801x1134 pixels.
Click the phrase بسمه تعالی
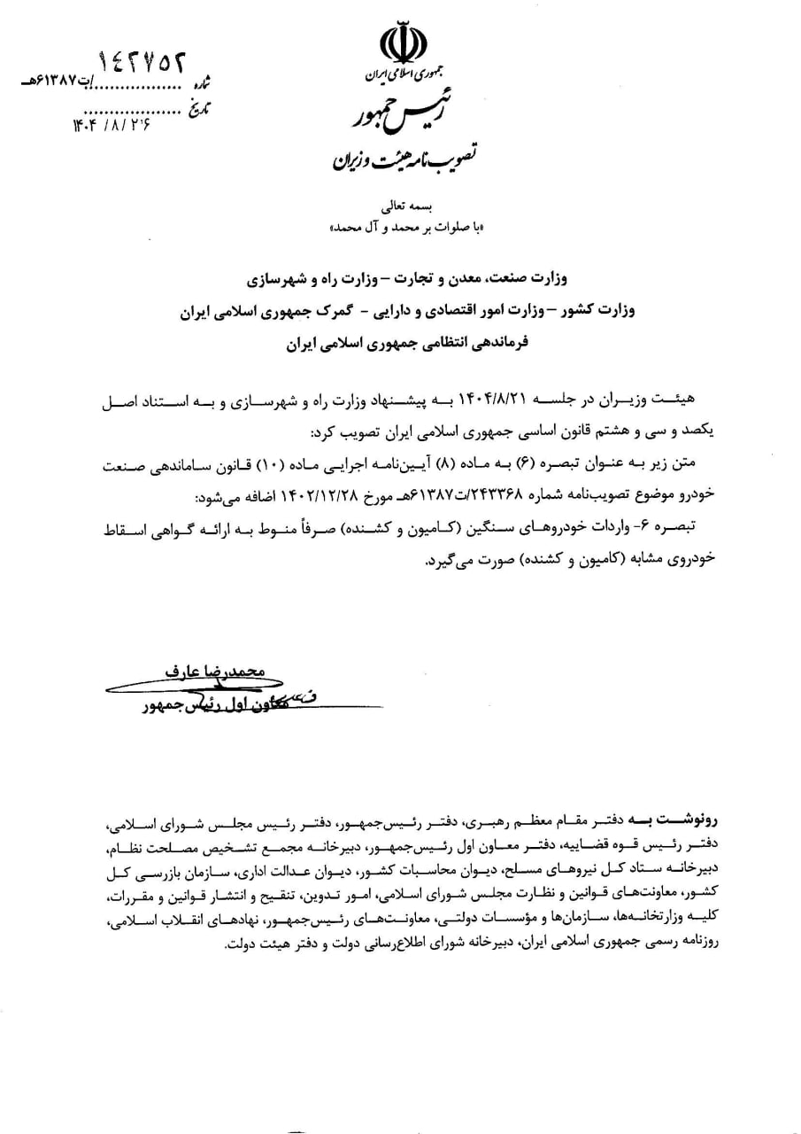pyautogui.click(x=404, y=208)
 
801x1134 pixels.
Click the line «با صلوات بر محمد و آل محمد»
pyautogui.click(x=403, y=228)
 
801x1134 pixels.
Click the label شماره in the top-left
pyautogui.click(x=204, y=85)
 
